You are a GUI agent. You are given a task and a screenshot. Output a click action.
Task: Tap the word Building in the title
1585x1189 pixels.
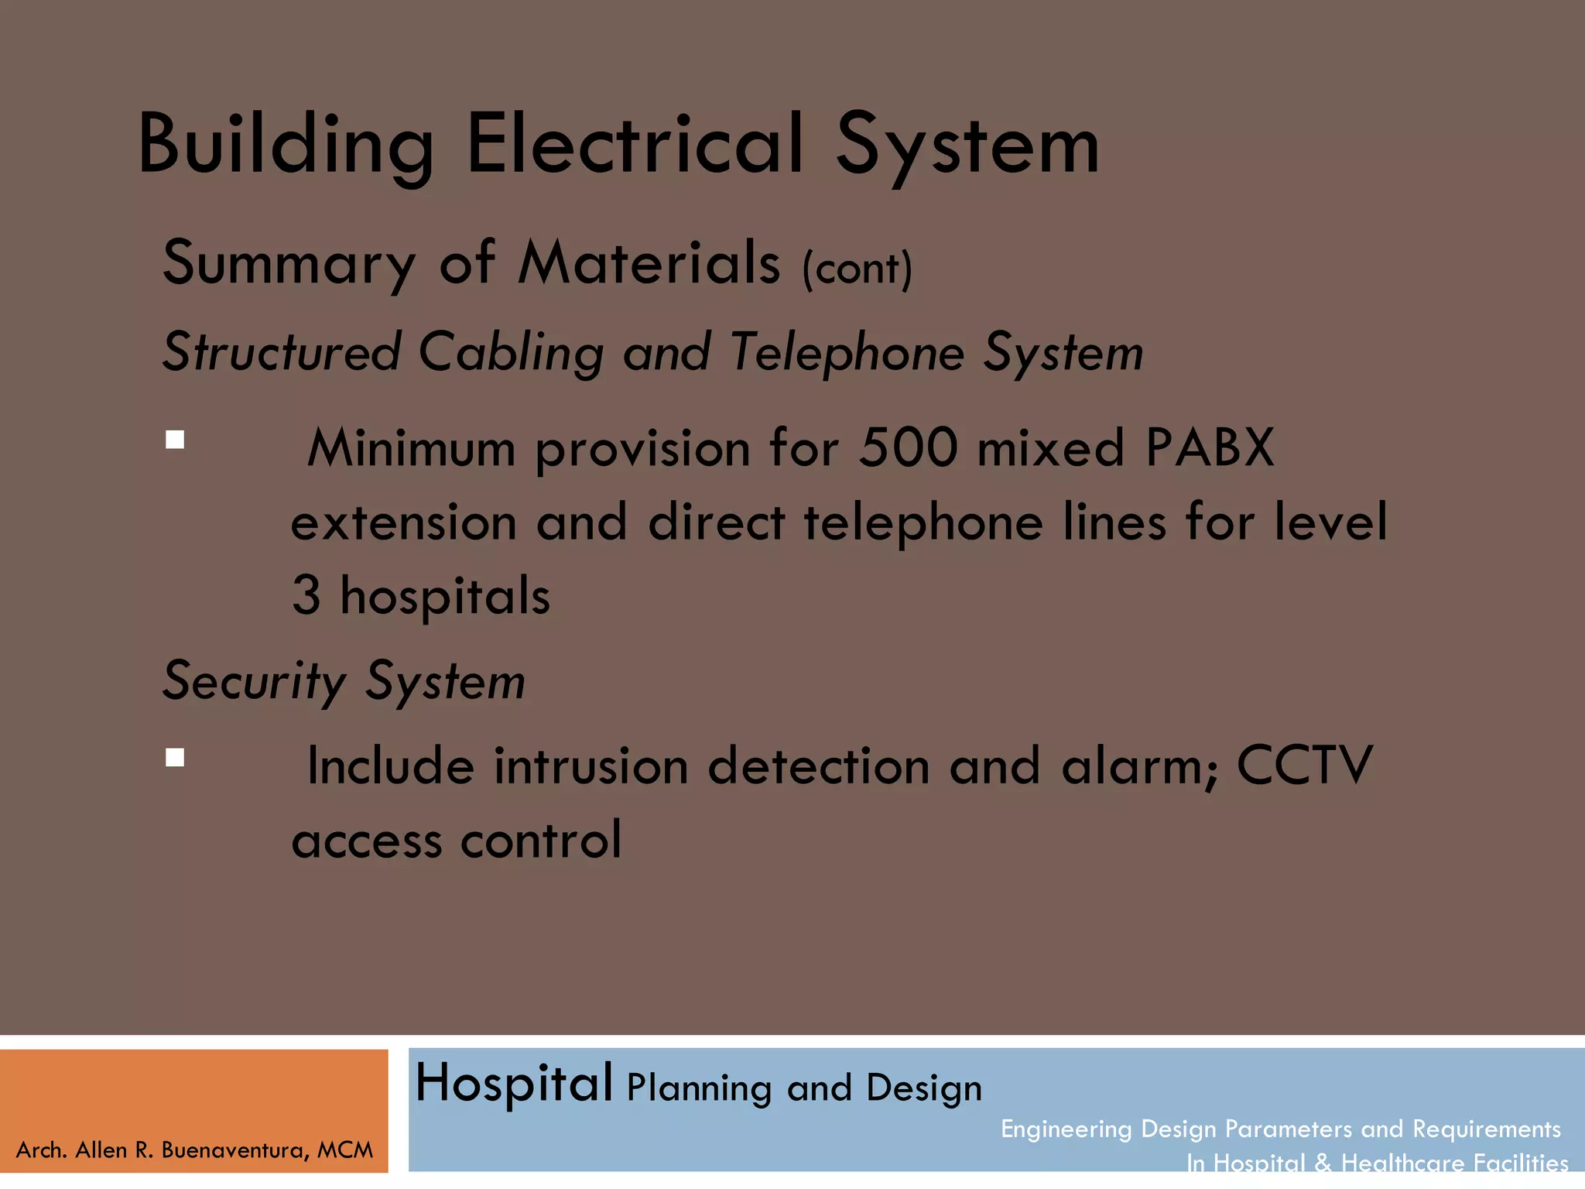[285, 145]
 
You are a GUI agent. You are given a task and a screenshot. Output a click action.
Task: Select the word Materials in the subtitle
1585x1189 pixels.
[649, 263]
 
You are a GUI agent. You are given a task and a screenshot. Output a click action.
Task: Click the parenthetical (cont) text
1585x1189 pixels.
[858, 269]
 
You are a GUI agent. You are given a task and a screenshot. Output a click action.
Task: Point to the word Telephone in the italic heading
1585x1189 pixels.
[847, 353]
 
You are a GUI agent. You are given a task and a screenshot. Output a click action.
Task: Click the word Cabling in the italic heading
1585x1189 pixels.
[511, 353]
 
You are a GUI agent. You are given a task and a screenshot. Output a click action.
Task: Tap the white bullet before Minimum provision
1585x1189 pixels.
[175, 440]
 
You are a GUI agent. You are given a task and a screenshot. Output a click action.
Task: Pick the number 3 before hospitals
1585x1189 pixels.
[306, 596]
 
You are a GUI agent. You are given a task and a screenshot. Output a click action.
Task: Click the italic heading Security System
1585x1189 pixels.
[344, 681]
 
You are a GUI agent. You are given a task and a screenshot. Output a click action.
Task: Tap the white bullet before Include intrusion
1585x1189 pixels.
[175, 757]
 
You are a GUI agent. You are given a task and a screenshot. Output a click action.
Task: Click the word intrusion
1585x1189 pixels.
[591, 766]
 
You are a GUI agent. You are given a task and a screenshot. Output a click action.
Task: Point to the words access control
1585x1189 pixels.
[457, 841]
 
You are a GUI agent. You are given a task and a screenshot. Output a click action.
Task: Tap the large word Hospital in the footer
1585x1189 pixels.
[514, 1084]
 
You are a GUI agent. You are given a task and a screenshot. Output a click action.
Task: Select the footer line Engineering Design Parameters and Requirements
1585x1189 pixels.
[1280, 1129]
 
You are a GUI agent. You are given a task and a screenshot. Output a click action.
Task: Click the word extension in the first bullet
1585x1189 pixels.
[404, 523]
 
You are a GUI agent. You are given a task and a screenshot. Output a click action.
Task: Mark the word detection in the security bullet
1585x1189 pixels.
[819, 766]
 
